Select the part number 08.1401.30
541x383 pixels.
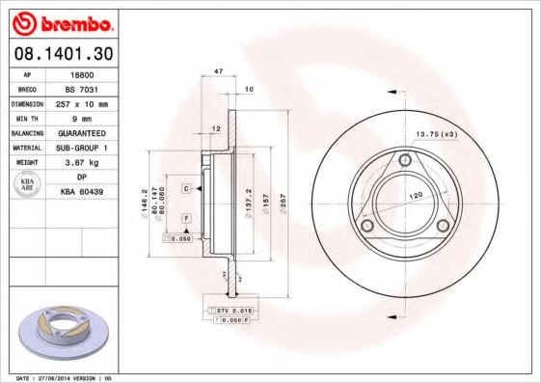tap(59, 53)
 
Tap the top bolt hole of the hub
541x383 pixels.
tap(405, 159)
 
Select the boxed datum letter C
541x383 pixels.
tap(185, 188)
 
